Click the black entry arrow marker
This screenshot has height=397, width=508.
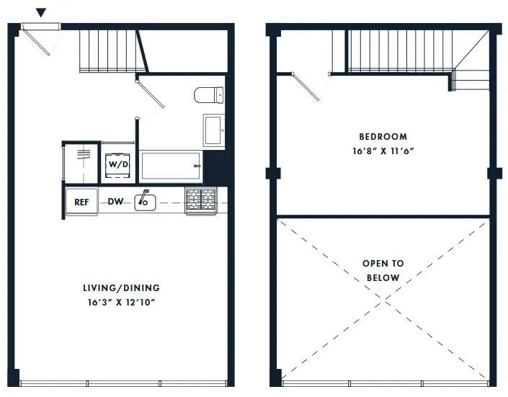[42, 12]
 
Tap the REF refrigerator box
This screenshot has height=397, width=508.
[81, 202]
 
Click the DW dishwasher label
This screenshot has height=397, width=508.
[116, 202]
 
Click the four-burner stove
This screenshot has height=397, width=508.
[201, 200]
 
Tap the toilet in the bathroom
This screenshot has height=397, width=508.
[210, 94]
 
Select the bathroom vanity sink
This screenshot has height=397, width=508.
[213, 130]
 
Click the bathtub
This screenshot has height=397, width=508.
[171, 165]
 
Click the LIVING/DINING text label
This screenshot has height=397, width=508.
[120, 287]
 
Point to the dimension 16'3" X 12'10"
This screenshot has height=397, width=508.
[120, 302]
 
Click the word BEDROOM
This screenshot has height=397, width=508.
[383, 136]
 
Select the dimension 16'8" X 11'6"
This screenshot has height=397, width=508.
[383, 151]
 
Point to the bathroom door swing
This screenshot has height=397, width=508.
[151, 97]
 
